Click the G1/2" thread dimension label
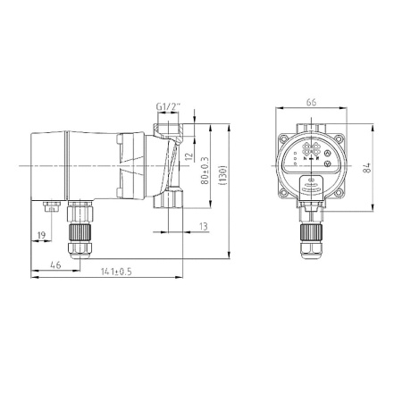pos(167,109)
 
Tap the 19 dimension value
pos(41,236)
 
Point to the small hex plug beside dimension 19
pos(50,207)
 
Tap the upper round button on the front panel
pos(327,153)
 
